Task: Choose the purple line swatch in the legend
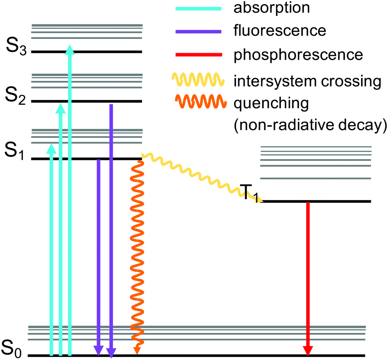[x=198, y=31]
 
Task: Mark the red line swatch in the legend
[x=198, y=54]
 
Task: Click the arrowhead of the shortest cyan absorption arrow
[x=51, y=148]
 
